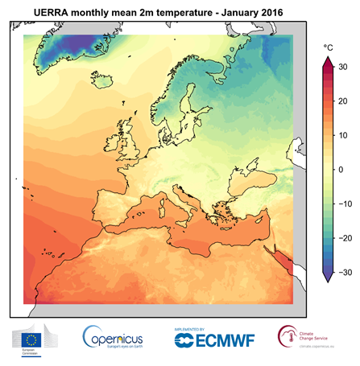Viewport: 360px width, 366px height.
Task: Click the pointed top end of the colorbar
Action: [329, 62]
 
